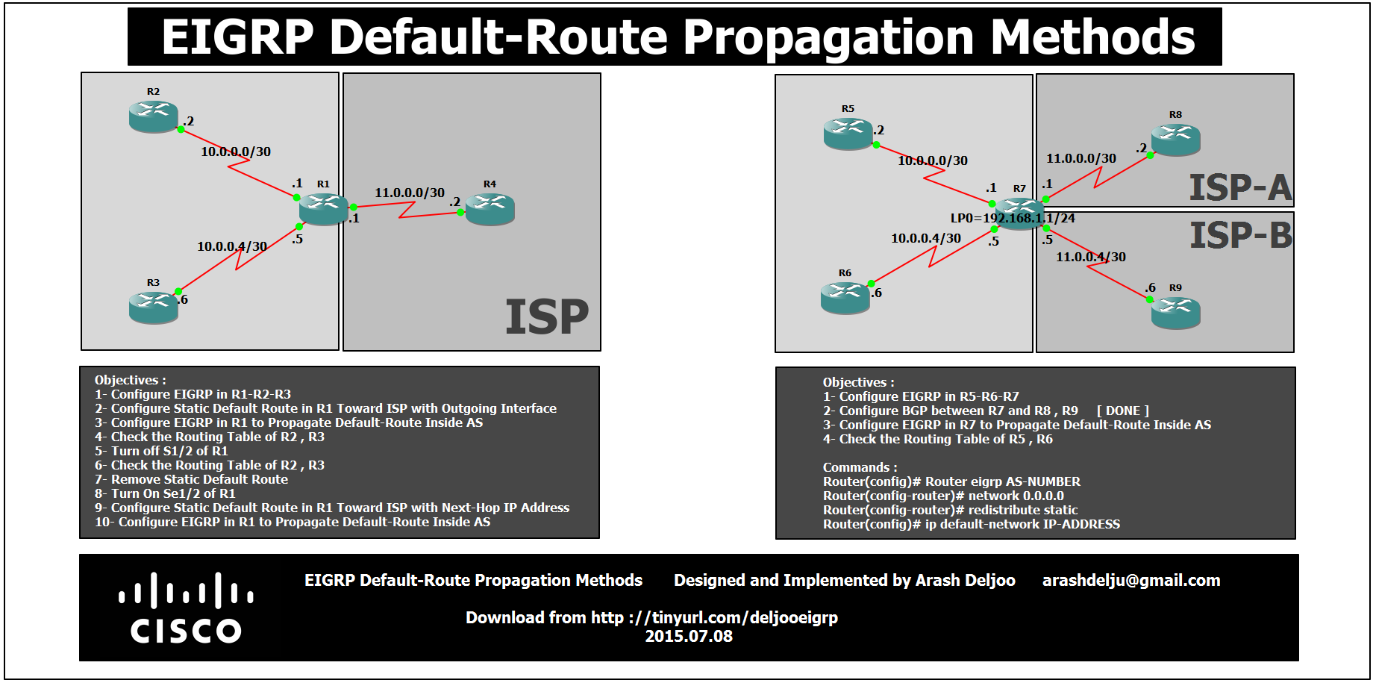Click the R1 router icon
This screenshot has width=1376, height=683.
(323, 208)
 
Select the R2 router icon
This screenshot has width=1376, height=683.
(154, 116)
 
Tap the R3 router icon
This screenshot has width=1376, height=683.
(154, 307)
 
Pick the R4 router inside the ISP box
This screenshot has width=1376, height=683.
(490, 209)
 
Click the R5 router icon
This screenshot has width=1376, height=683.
(848, 134)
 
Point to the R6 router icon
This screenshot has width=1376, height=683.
(845, 297)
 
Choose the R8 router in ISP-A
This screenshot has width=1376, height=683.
(1175, 140)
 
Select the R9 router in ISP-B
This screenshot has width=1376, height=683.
(1175, 312)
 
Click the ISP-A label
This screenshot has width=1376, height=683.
(1239, 187)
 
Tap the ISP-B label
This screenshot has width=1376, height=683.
(1240, 236)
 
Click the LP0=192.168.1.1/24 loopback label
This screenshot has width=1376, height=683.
(1012, 218)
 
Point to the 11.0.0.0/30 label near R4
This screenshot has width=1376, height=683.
(409, 193)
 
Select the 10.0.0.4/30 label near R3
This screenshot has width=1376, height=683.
(231, 246)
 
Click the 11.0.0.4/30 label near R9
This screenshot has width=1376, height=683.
(1090, 257)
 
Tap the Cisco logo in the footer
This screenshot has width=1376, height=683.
(186, 608)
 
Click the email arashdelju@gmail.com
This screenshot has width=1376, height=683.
(1130, 581)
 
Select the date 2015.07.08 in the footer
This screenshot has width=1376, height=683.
(688, 637)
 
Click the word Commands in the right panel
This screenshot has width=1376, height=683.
(856, 468)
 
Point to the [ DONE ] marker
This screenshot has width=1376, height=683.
(1122, 411)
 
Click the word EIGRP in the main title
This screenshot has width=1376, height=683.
(237, 37)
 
